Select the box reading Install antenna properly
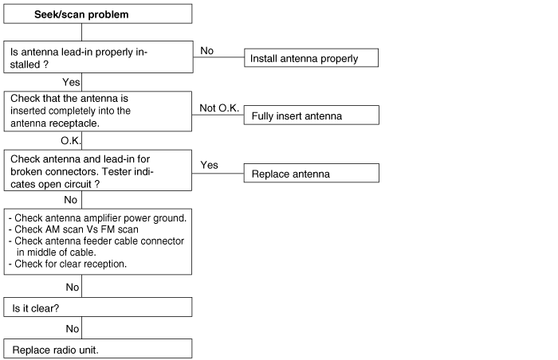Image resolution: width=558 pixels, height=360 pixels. pos(310,58)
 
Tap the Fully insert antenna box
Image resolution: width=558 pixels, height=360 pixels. pos(310,115)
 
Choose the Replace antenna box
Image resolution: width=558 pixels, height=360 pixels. pos(310,173)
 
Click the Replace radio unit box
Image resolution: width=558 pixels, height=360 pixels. pos(97,349)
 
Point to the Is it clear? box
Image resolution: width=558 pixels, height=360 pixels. pos(97,307)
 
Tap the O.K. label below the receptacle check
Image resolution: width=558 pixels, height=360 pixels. pos(72,140)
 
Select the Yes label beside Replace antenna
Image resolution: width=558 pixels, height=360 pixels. pos(209,165)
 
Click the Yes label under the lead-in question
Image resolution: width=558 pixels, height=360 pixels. pos(72,82)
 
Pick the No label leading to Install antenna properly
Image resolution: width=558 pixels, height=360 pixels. pos(206,50)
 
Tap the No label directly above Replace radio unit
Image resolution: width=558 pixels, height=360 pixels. pos(73,327)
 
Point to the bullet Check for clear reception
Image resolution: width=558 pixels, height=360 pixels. pos(69,264)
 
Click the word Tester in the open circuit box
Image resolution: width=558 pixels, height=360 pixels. pos(124,171)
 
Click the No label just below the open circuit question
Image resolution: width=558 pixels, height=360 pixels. pos(71,199)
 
